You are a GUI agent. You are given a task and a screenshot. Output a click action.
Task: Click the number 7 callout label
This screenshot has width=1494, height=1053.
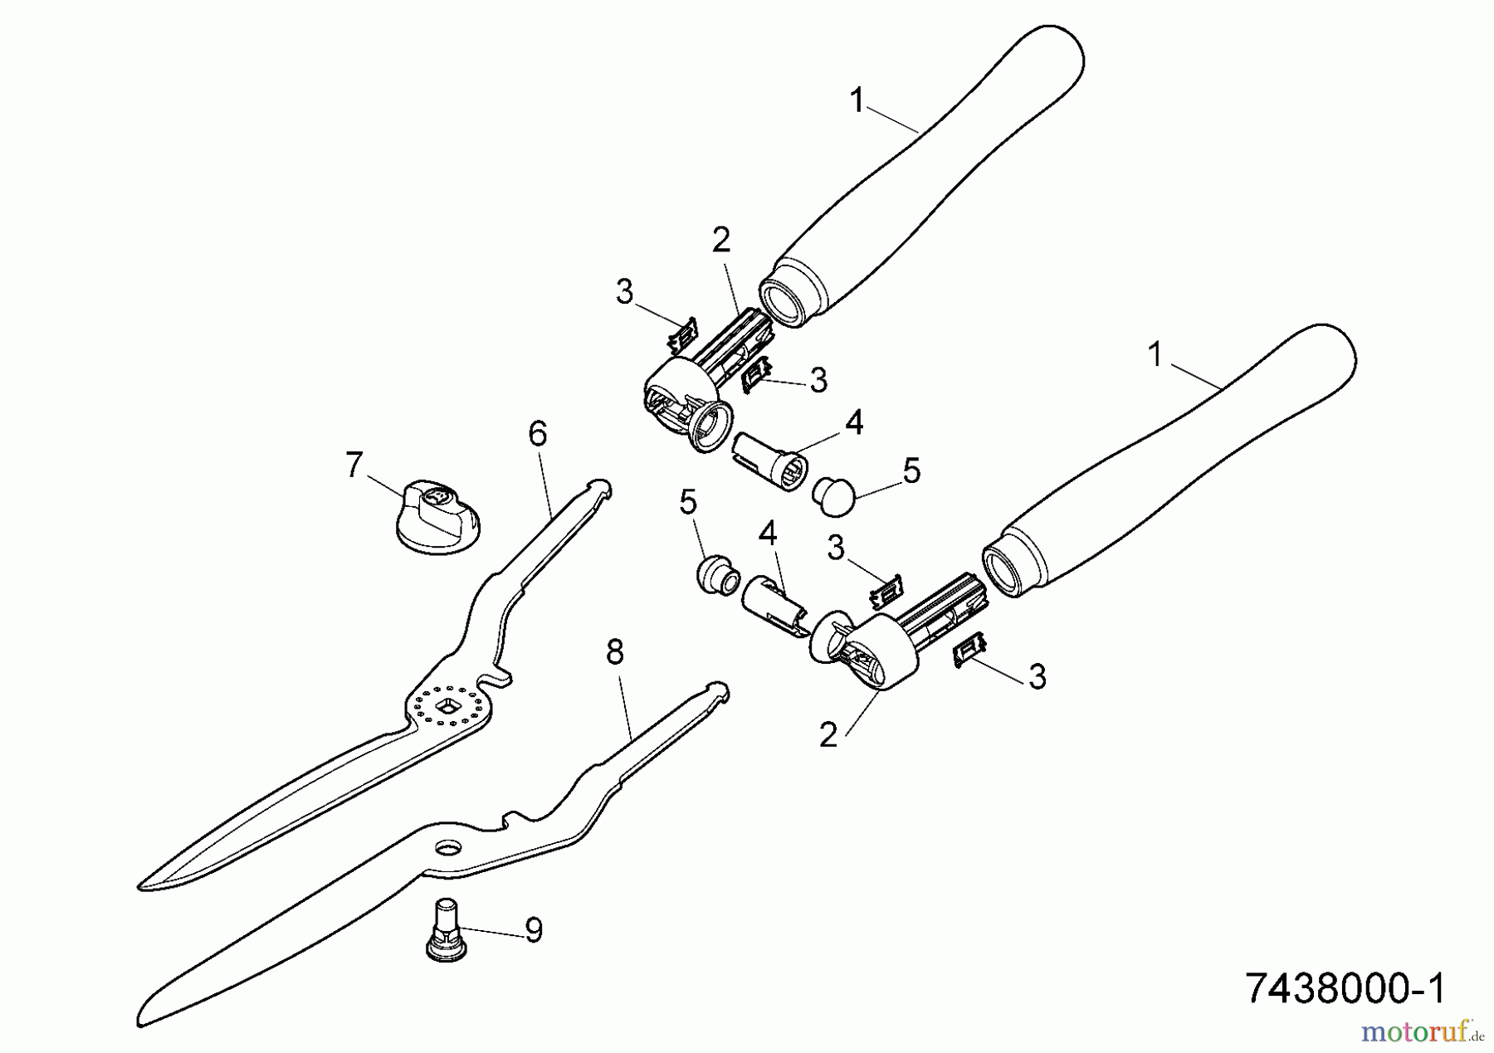354,466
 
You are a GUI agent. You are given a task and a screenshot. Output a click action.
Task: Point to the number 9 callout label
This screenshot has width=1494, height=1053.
534,930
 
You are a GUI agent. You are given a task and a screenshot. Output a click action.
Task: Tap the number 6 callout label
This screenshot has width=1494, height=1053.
538,434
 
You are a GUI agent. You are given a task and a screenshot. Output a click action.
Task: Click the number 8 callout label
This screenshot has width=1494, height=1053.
614,653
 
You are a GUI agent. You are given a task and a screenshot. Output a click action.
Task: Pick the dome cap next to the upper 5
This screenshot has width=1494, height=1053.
833,494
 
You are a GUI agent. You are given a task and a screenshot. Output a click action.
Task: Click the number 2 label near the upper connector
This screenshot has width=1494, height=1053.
721,241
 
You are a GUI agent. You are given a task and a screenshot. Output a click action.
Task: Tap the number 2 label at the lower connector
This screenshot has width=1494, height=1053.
828,735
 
